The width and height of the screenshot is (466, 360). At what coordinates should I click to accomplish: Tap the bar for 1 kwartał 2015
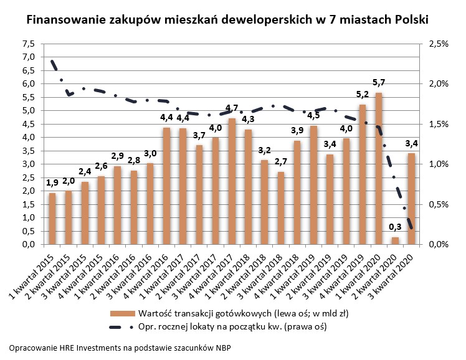click(x=52, y=219)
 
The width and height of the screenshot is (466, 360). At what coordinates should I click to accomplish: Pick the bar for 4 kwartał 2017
click(x=232, y=181)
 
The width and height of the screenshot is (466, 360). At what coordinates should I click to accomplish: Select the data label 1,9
click(x=52, y=182)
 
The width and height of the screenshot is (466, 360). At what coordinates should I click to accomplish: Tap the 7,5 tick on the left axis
click(x=28, y=44)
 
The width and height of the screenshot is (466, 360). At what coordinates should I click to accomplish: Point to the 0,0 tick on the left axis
click(x=28, y=245)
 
